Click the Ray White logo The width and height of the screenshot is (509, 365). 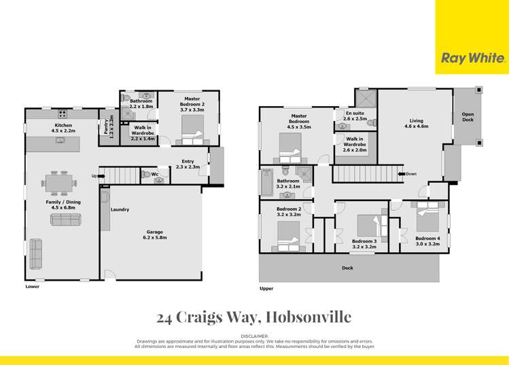tap(473, 58)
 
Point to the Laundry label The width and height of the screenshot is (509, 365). tap(120, 209)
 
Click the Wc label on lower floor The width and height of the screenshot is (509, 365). tap(155, 175)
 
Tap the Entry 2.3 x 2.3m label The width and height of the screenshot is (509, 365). tap(188, 164)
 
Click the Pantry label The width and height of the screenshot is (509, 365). tap(107, 126)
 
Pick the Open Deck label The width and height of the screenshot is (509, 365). tap(468, 116)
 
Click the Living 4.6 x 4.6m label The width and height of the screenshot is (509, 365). tap(415, 123)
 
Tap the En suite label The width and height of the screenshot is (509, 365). tap(355, 116)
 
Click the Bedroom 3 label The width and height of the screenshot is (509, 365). tap(364, 244)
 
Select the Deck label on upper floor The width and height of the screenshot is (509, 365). tap(347, 268)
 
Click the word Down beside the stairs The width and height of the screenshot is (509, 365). tap(411, 174)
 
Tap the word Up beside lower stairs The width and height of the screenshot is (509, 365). tap(94, 175)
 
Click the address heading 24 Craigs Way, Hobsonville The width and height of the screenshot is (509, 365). tap(254, 317)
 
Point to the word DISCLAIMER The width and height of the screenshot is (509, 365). tap(255, 336)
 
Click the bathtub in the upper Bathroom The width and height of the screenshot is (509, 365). tap(266, 182)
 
